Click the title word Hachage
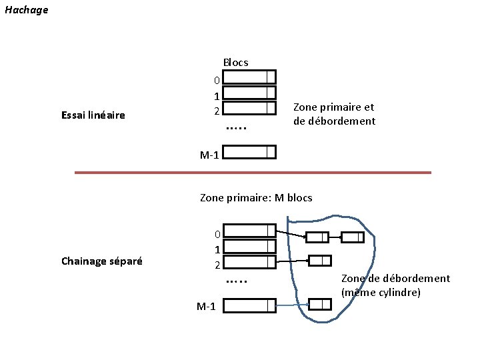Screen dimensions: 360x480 [26, 10]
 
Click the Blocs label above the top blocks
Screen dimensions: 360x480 [235, 62]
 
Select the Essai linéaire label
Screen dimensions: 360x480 [93, 115]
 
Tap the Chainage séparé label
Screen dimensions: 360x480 [101, 261]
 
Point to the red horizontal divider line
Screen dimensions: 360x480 [253, 173]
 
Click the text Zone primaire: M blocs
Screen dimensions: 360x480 [256, 197]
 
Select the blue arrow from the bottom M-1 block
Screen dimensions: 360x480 [291, 306]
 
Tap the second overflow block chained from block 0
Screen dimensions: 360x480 [352, 237]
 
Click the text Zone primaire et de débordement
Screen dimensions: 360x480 [334, 114]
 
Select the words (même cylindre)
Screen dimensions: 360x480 [380, 292]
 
